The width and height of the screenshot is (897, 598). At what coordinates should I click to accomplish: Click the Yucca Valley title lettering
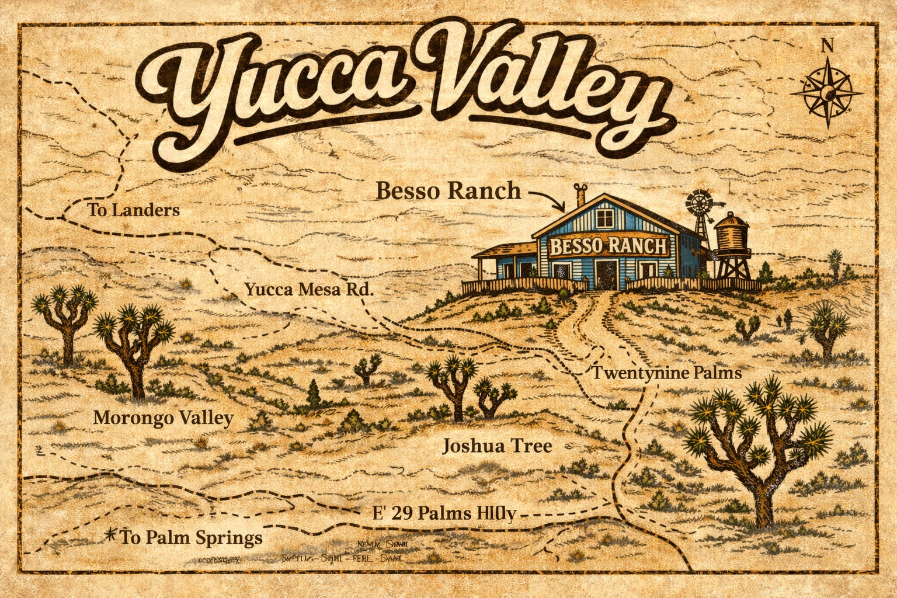(x=403, y=93)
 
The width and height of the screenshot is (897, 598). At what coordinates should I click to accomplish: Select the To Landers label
(x=133, y=210)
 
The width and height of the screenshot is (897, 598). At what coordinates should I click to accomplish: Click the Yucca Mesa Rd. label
(x=308, y=289)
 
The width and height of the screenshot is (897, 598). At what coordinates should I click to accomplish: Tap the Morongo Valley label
(x=164, y=418)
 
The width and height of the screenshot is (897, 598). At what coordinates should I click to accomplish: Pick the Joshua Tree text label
(x=497, y=447)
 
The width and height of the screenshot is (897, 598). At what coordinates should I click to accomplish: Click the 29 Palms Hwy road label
(x=445, y=513)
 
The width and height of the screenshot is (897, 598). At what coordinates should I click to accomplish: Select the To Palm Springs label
(x=190, y=537)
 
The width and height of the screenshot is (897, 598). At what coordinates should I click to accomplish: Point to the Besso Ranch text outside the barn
(x=447, y=190)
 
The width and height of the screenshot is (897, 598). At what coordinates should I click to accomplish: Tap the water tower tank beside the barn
(x=734, y=234)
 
